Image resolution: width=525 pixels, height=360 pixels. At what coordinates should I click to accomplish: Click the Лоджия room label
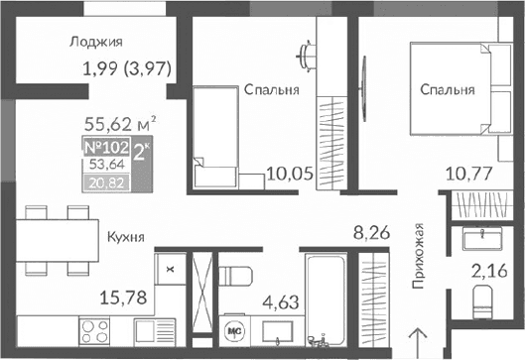[96, 42]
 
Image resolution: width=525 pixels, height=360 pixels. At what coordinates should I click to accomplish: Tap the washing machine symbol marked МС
[236, 330]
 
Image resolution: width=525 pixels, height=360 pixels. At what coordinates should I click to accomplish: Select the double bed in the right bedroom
[453, 89]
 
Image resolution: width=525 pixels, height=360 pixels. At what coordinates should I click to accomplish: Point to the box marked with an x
[171, 267]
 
